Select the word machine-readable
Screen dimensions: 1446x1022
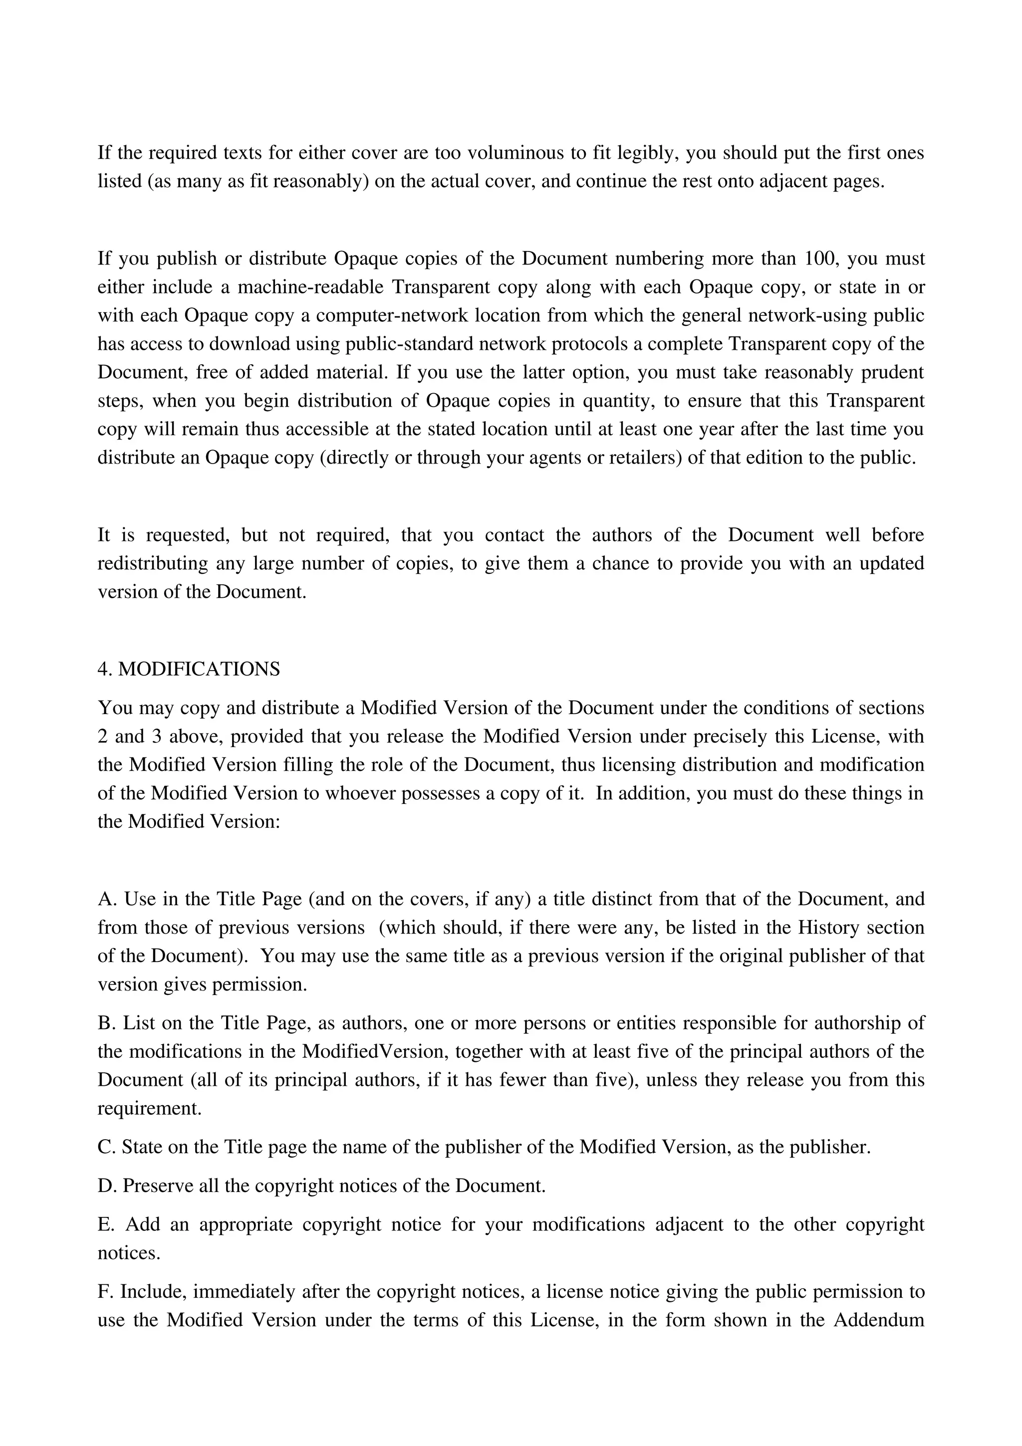[x=310, y=287]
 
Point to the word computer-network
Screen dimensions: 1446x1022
[x=392, y=315]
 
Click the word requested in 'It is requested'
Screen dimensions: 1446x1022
[x=187, y=535]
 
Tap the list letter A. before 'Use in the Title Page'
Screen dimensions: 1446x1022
[x=108, y=899]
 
